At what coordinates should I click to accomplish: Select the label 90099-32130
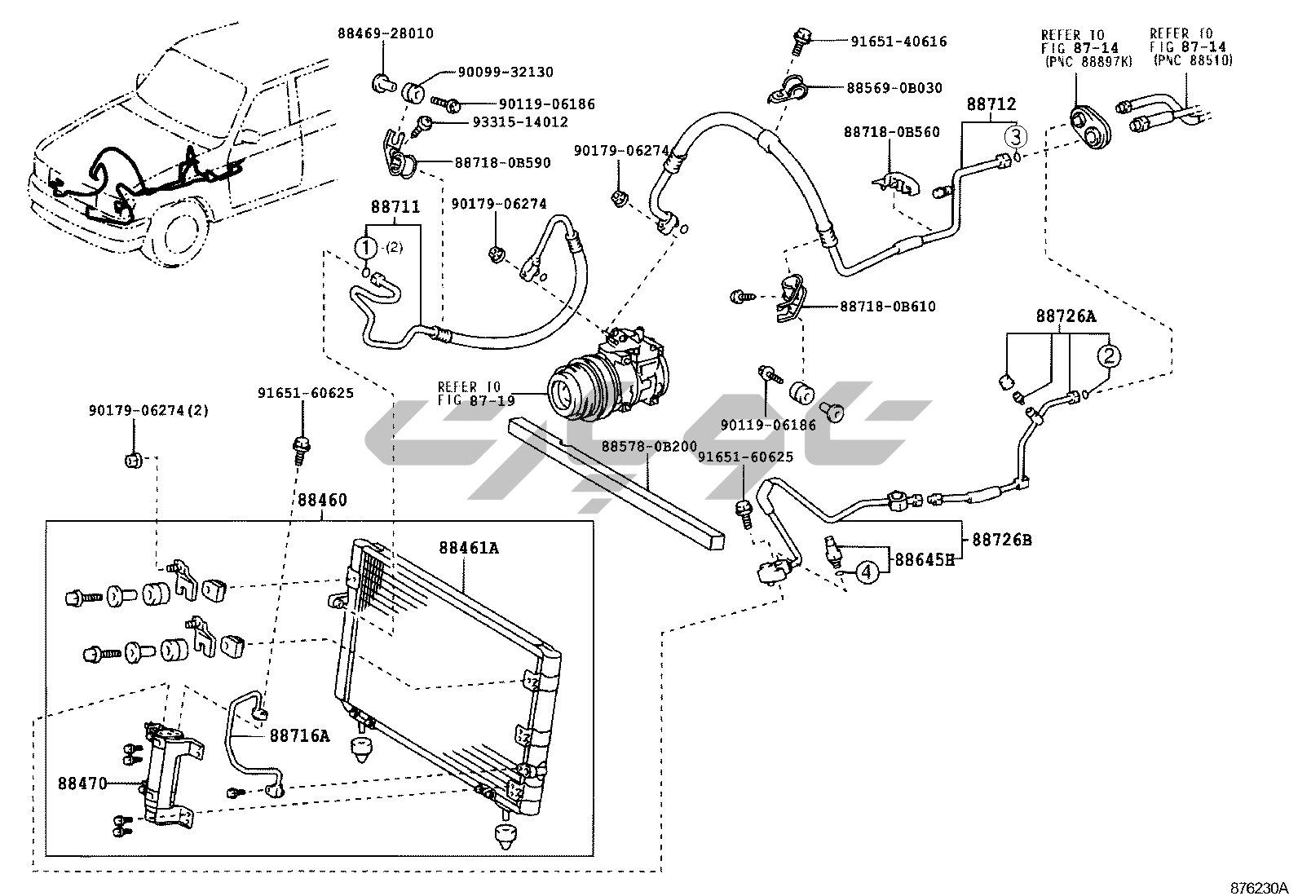coord(504,72)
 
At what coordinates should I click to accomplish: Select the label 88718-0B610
coord(888,307)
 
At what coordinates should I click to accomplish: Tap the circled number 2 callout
coord(1108,355)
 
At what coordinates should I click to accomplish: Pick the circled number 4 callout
coord(867,572)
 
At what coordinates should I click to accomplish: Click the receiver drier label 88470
coord(82,783)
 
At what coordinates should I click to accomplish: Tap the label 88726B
coord(1000,540)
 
